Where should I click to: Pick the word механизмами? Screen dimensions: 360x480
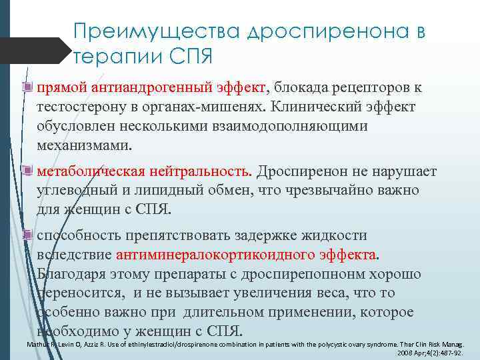tap(85, 145)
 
